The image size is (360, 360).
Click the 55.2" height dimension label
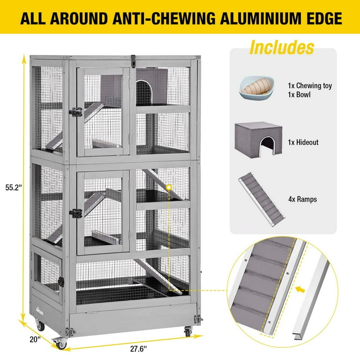pyautogui.click(x=14, y=187)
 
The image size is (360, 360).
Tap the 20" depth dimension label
pyautogui.click(x=35, y=339)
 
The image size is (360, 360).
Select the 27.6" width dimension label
pyautogui.click(x=138, y=349)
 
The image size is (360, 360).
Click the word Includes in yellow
pyautogui.click(x=282, y=47)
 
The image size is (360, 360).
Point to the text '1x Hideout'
pyautogui.click(x=303, y=142)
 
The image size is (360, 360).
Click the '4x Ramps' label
pyautogui.click(x=303, y=199)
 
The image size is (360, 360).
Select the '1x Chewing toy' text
pyautogui.click(x=310, y=86)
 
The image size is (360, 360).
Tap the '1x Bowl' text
pyautogui.click(x=299, y=95)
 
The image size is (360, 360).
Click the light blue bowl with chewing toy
pyautogui.click(x=257, y=88)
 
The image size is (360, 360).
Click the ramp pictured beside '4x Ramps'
pyautogui.click(x=262, y=199)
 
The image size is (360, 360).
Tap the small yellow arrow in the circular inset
pyautogui.click(x=300, y=289)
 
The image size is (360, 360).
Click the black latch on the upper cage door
pyautogui.click(x=76, y=112)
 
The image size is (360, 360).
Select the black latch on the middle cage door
pyautogui.click(x=76, y=214)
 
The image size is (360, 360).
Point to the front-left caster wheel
pyautogui.click(x=60, y=343)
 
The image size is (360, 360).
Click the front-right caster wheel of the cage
pyautogui.click(x=188, y=332)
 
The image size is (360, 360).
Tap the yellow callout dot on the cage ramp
pyautogui.click(x=169, y=187)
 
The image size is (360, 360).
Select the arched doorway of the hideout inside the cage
pyautogui.click(x=144, y=92)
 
